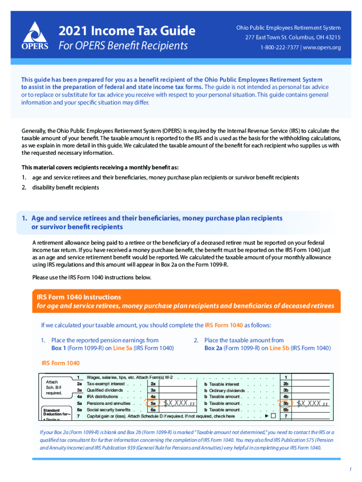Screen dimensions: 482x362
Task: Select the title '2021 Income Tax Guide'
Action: click(x=127, y=31)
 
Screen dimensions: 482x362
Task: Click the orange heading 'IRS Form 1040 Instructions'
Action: click(x=79, y=297)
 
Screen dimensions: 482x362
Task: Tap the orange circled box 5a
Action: click(x=153, y=403)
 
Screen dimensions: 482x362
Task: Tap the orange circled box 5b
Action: click(x=285, y=403)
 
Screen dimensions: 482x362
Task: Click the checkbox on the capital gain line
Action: click(x=273, y=417)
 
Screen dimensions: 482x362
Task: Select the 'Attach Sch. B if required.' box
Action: click(x=54, y=387)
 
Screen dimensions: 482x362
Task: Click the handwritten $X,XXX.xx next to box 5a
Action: click(x=179, y=403)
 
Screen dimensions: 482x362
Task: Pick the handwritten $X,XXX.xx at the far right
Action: click(x=312, y=403)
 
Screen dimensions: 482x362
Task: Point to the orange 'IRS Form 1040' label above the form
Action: click(x=61, y=363)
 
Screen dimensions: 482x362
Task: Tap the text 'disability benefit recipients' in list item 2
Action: click(x=66, y=187)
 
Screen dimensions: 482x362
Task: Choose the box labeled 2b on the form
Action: click(x=285, y=384)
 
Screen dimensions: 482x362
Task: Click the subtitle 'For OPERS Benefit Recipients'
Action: click(x=123, y=46)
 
